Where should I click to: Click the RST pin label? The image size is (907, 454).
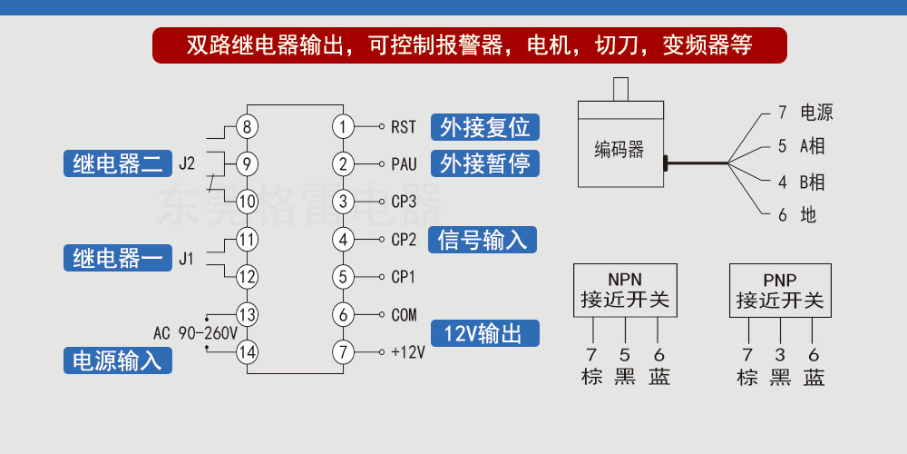tap(404, 127)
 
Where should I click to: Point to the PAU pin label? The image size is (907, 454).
tap(404, 164)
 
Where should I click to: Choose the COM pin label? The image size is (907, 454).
tap(404, 315)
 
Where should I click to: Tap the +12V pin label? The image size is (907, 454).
tap(408, 352)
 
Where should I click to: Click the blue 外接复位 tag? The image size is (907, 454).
tap(484, 127)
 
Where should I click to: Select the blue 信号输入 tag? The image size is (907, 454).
tap(483, 239)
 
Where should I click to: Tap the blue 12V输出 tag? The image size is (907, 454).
tap(484, 333)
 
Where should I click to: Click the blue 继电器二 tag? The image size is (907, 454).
tap(118, 163)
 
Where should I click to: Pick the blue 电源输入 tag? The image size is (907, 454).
tap(118, 360)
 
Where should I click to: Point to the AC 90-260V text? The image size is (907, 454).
tap(196, 333)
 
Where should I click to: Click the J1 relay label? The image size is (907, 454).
tap(186, 258)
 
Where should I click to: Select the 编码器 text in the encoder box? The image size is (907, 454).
tap(619, 150)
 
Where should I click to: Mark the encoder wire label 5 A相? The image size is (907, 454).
tap(801, 146)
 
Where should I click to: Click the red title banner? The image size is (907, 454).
tap(469, 45)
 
